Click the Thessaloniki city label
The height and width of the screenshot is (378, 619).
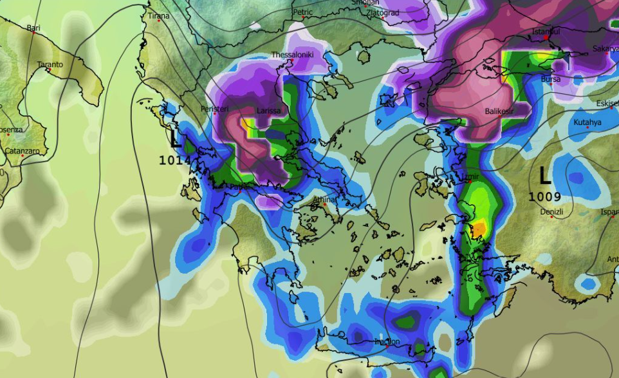(292, 55)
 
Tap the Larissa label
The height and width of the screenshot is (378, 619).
(268, 111)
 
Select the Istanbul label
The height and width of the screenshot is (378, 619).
(546, 32)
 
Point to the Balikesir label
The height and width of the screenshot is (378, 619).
(502, 111)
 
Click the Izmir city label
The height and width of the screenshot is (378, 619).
(471, 175)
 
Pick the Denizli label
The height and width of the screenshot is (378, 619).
(551, 212)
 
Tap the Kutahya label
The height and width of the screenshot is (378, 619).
(587, 122)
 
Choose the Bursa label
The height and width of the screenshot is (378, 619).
(551, 79)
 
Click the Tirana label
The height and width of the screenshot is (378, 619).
(159, 15)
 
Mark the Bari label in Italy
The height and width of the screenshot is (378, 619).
(33, 28)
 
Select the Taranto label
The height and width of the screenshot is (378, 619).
(50, 64)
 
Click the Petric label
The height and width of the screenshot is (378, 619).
(302, 12)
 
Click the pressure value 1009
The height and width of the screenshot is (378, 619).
(545, 196)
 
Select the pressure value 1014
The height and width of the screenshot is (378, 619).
(174, 160)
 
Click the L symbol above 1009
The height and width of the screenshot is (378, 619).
(545, 175)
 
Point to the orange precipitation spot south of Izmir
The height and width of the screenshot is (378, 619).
(479, 228)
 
